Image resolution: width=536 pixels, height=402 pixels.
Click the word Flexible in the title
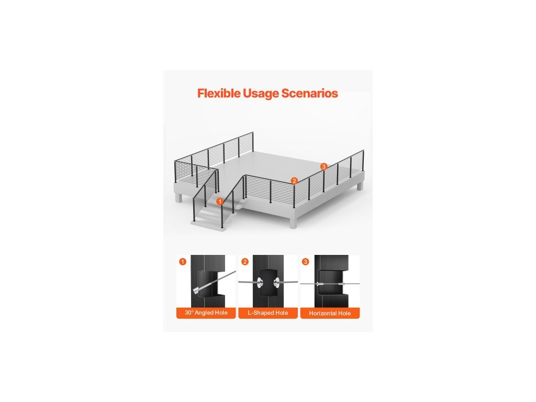tap(219, 94)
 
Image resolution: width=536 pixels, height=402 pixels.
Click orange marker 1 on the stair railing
tap(220, 200)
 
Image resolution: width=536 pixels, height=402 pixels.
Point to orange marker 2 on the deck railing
tap(294, 181)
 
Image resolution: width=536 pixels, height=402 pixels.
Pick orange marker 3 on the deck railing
tap(323, 166)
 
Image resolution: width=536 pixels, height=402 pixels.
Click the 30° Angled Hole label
tap(206, 313)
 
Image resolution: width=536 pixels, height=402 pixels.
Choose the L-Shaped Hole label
tap(267, 313)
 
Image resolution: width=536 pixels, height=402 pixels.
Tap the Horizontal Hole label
tap(329, 313)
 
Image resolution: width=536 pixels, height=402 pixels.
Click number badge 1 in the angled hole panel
tap(182, 261)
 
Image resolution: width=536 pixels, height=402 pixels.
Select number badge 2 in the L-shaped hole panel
tap(244, 261)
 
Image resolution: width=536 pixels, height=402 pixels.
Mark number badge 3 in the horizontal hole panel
tap(306, 261)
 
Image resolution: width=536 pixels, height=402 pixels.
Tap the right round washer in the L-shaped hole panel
tap(276, 283)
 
